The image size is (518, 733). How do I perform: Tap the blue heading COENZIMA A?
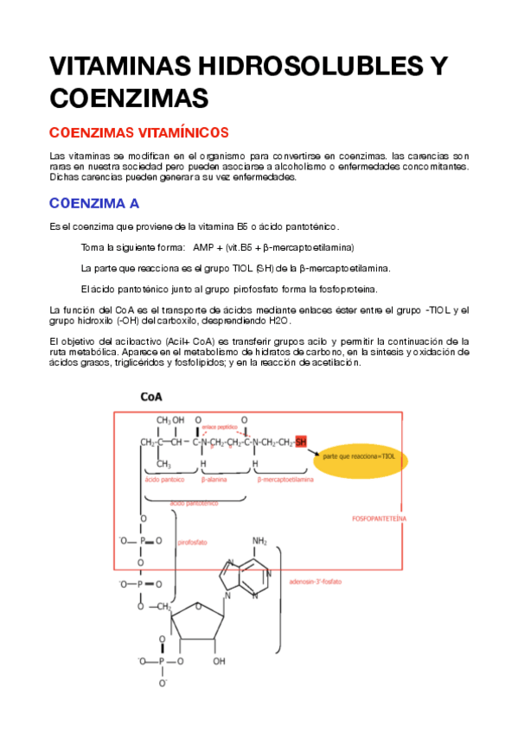pos(94,204)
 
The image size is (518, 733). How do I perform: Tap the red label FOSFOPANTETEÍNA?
pos(381,519)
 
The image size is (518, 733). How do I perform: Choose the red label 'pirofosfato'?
pos(191,542)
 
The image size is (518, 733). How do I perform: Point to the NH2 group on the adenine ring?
pos(260,541)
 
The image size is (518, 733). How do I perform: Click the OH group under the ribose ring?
pos(219,662)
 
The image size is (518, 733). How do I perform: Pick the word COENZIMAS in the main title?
pos(130,97)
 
